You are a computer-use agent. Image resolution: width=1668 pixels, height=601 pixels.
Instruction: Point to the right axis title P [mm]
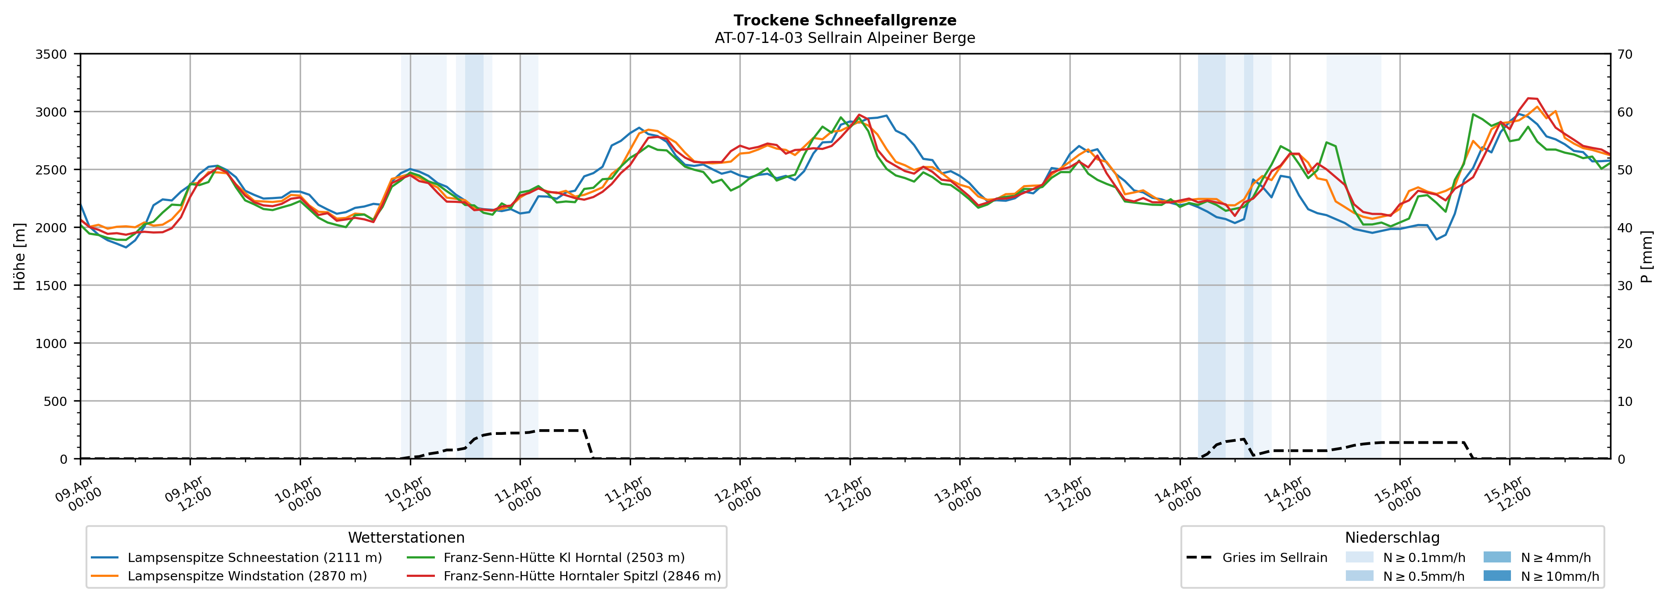point(1646,256)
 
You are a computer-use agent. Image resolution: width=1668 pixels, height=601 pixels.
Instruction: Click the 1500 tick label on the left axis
point(50,285)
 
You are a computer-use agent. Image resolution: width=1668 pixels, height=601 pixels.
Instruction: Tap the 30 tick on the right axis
point(1625,285)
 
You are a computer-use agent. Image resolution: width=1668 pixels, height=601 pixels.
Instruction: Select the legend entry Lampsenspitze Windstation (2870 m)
point(247,576)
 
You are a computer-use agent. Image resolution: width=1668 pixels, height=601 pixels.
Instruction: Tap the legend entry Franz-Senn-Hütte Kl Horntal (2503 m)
point(563,558)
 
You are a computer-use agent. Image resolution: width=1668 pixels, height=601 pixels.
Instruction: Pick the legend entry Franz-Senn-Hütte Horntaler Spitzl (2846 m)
point(581,576)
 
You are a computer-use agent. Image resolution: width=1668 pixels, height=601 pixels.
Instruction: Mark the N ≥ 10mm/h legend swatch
point(1496,576)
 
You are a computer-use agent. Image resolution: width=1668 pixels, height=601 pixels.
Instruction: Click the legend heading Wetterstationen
point(406,537)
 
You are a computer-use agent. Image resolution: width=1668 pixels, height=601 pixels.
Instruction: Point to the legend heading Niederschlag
point(1392,537)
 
